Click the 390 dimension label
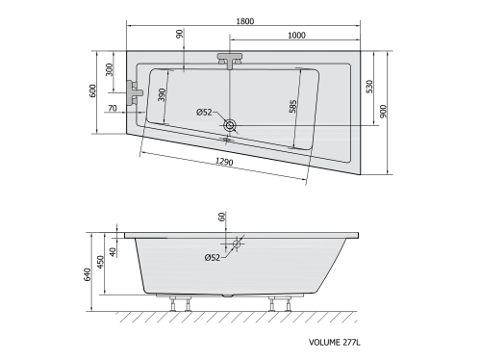pyautogui.click(x=163, y=94)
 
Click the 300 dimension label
pyautogui.click(x=110, y=70)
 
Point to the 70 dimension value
pyautogui.click(x=114, y=109)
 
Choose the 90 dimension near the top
pyautogui.click(x=180, y=35)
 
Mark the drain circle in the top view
pyautogui.click(x=230, y=124)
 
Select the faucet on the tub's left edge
pyautogui.click(x=138, y=93)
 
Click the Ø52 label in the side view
pyautogui.click(x=212, y=257)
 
